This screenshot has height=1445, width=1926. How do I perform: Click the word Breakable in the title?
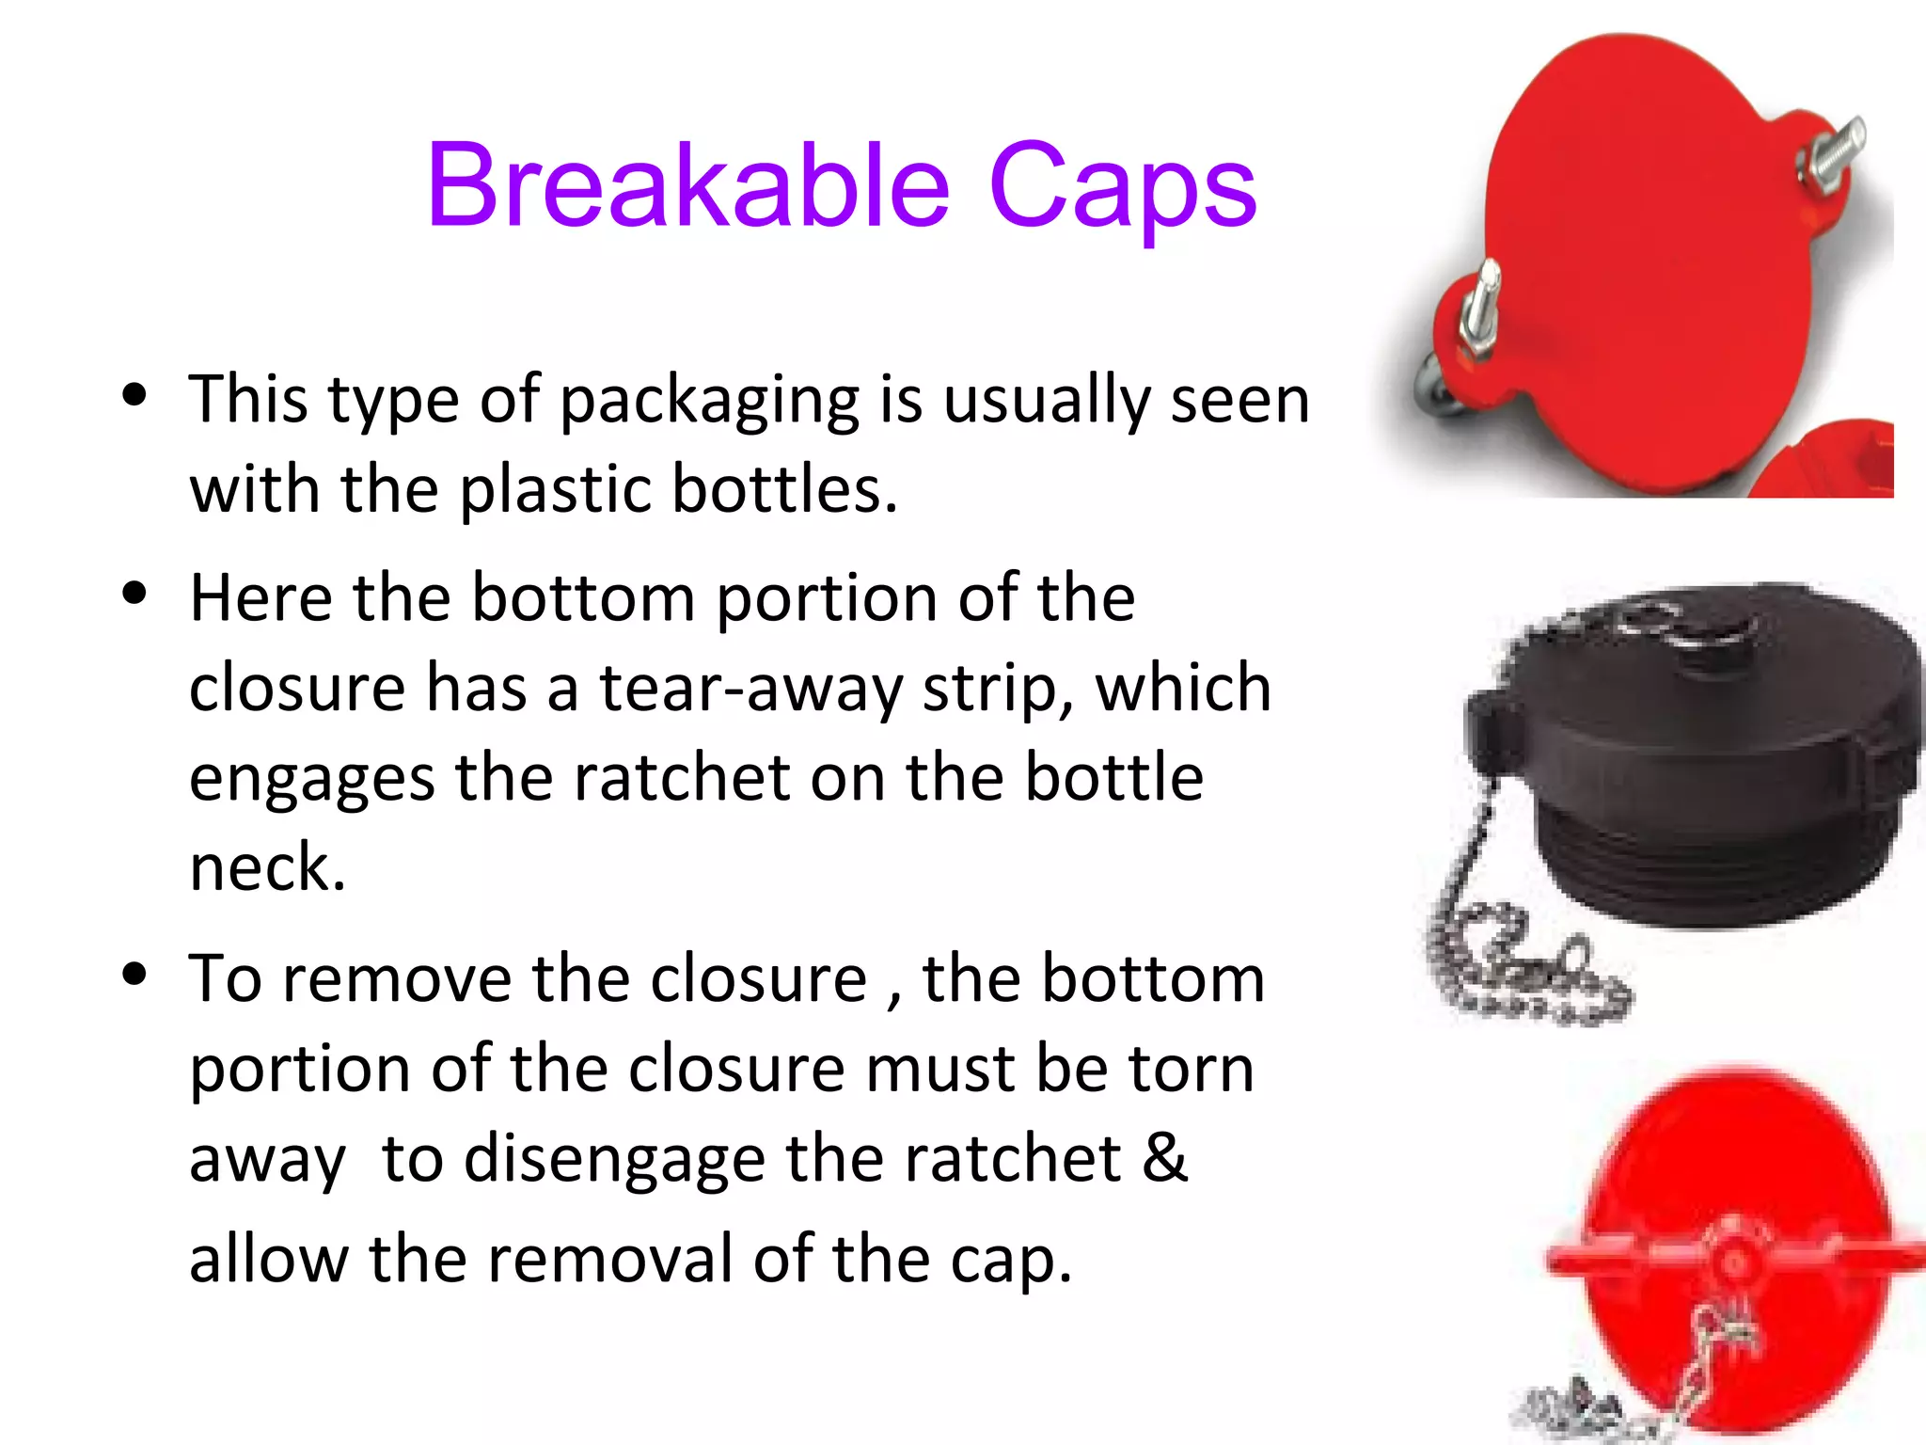[x=687, y=185]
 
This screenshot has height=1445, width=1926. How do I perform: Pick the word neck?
[x=267, y=867]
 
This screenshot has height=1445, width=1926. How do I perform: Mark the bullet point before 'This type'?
[x=135, y=395]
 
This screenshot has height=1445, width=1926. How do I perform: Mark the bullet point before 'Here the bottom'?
[x=135, y=594]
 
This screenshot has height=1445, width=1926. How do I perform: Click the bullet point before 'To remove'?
[x=135, y=975]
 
